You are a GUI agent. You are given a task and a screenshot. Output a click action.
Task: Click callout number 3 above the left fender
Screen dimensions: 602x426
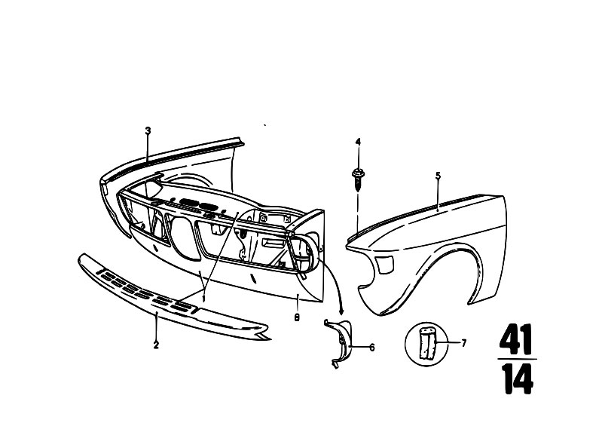pyautogui.click(x=148, y=130)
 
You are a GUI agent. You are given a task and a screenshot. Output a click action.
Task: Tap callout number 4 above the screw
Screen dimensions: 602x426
pyautogui.click(x=358, y=143)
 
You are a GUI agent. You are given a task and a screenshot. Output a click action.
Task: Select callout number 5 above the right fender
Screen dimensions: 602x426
pyautogui.click(x=438, y=176)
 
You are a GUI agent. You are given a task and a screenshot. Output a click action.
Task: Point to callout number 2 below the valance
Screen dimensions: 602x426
pyautogui.click(x=156, y=345)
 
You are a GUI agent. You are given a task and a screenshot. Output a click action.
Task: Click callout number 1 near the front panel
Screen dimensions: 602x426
pyautogui.click(x=204, y=298)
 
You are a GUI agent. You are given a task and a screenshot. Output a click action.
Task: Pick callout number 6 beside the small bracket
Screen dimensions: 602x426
pyautogui.click(x=371, y=348)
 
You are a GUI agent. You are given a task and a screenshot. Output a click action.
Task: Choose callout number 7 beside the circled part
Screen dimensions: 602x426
pyautogui.click(x=464, y=342)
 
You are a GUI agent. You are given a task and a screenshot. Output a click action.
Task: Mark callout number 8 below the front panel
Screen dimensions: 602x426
pyautogui.click(x=297, y=318)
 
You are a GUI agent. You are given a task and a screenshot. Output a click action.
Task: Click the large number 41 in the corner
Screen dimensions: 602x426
pyautogui.click(x=516, y=339)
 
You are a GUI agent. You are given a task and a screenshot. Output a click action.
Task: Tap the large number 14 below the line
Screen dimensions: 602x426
pyautogui.click(x=517, y=378)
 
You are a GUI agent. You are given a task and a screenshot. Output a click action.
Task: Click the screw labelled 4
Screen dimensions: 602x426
pyautogui.click(x=358, y=179)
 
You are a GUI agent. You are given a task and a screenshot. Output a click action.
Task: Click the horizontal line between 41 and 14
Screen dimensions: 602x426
pyautogui.click(x=517, y=359)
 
